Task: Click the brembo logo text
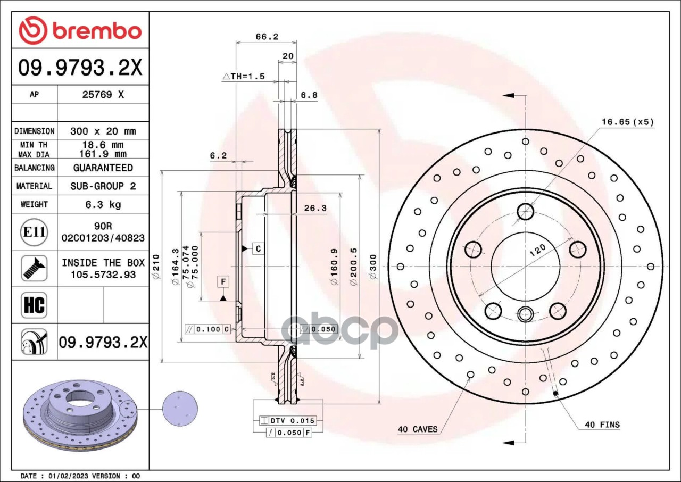(x=97, y=31)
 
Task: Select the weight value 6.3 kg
(x=103, y=204)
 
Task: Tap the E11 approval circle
(x=34, y=232)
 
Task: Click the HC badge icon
(x=34, y=305)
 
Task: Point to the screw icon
(x=34, y=268)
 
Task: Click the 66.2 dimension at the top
(x=267, y=37)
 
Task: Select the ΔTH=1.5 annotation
(x=244, y=76)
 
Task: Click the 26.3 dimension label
(x=315, y=208)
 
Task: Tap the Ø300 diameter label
(x=373, y=267)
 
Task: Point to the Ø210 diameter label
(x=155, y=267)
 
